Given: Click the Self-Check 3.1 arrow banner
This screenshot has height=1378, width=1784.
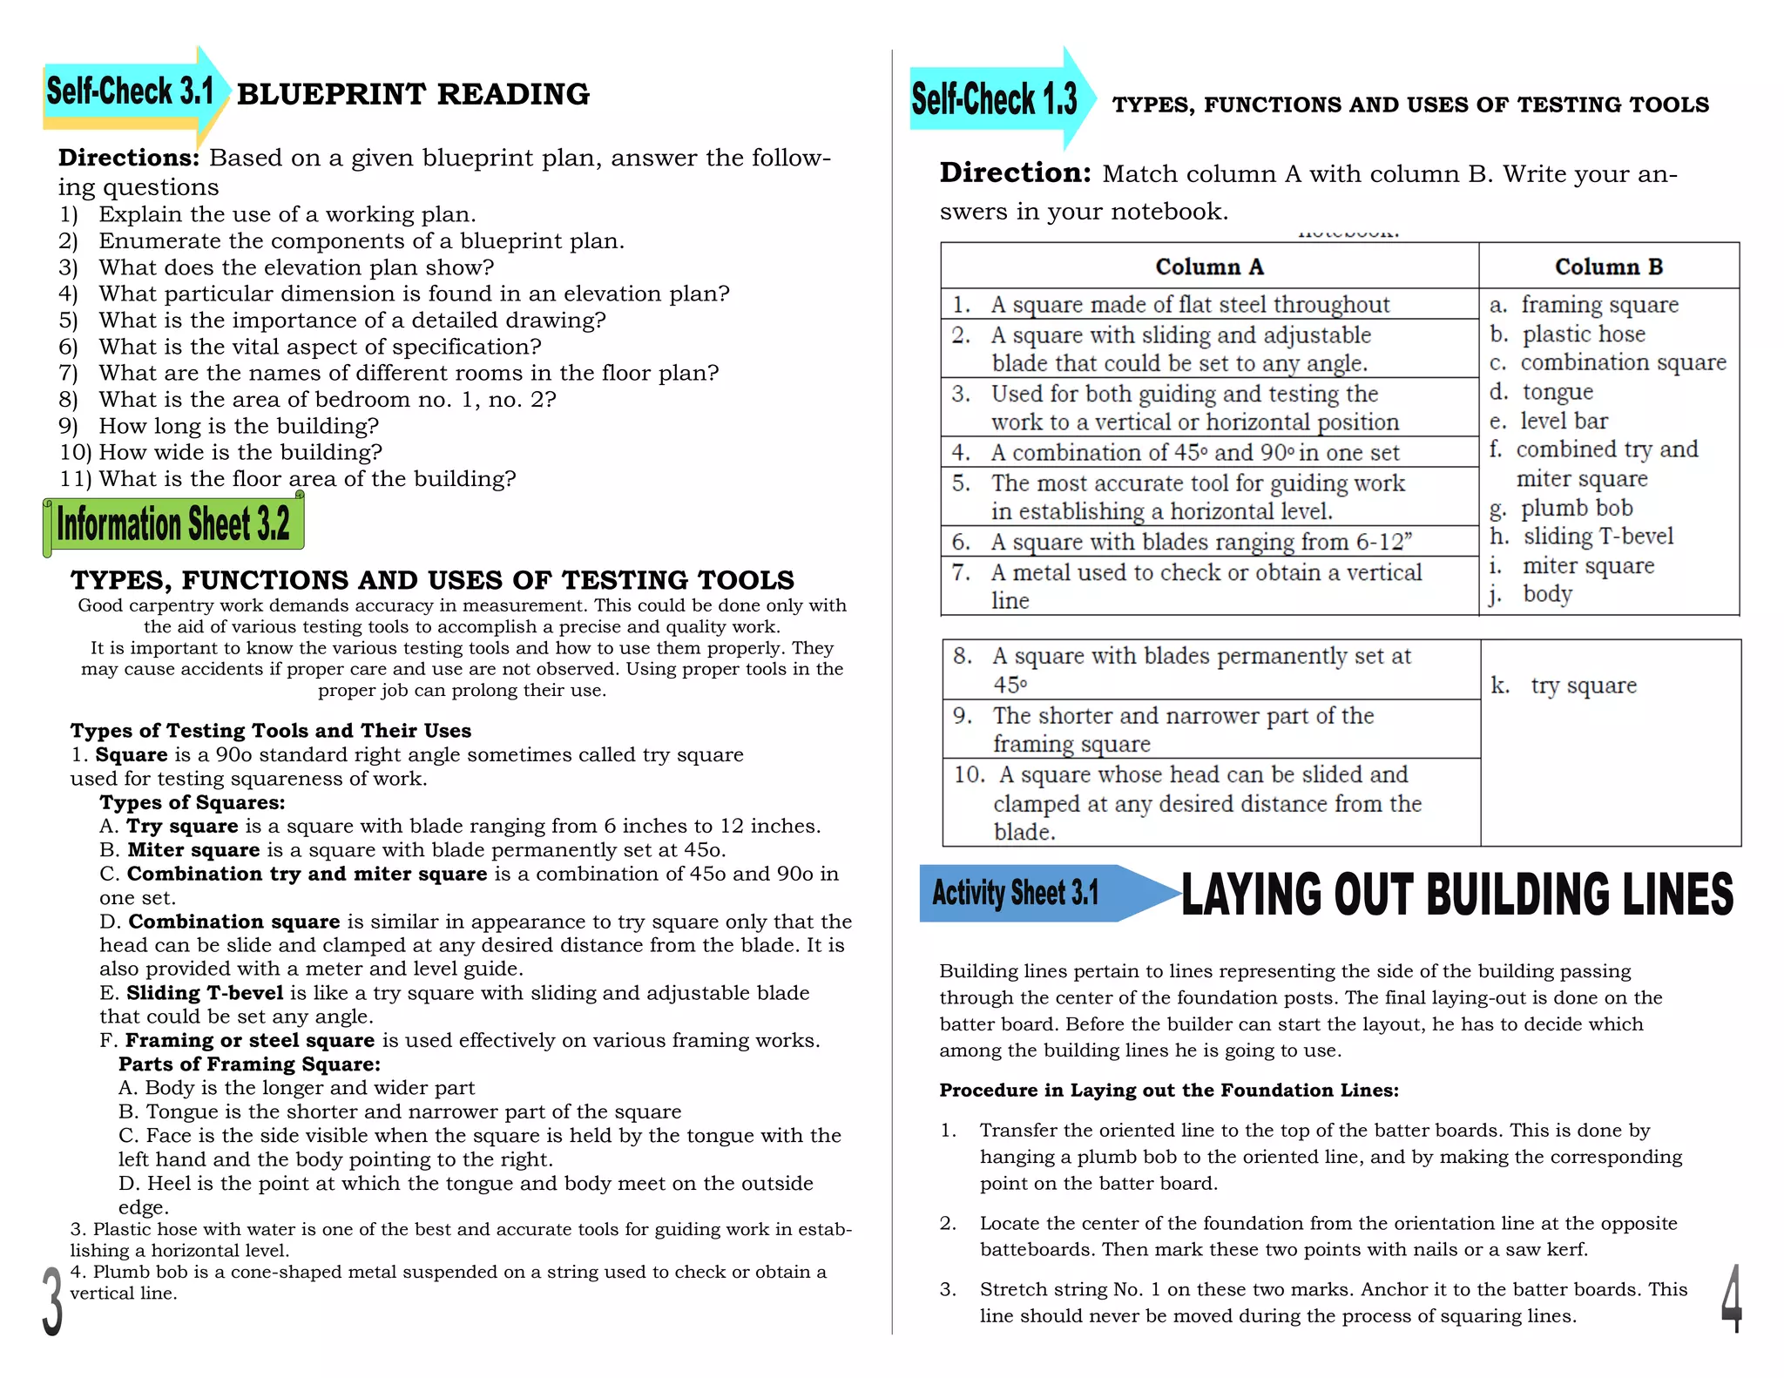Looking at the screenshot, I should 131,92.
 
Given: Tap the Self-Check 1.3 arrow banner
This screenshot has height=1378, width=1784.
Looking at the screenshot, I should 995,99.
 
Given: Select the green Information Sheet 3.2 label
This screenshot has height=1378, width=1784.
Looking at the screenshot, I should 173,524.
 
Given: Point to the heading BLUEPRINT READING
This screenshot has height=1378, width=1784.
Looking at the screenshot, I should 413,94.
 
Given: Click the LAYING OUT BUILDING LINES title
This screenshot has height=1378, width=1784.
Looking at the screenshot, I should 1456,895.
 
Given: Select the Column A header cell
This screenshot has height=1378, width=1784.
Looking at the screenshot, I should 1209,267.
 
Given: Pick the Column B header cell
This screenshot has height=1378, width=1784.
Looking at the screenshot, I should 1608,267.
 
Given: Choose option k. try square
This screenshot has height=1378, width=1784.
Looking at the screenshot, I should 1564,686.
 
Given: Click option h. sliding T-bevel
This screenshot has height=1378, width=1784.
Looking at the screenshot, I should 1582,537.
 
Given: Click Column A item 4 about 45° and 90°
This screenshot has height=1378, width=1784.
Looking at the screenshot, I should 1195,453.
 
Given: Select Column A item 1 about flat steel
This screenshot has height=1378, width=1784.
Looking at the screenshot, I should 1190,305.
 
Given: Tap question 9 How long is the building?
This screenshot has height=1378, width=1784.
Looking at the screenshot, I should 239,426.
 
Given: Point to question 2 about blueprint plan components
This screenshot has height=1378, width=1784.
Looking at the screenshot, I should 361,241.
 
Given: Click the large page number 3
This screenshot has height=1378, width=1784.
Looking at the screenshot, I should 52,1301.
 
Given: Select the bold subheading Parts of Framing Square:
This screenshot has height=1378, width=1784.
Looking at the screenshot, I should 249,1064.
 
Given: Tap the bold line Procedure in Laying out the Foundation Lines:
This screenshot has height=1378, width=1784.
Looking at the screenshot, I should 1169,1091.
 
